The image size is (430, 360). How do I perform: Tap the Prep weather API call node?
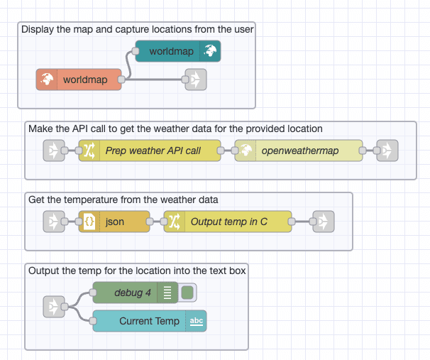click(x=149, y=151)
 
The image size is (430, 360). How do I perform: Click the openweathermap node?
click(x=299, y=151)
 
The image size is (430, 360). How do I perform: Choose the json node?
click(x=114, y=222)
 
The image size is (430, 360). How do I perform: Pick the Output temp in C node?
click(x=228, y=222)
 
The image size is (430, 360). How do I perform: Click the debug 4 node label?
click(x=133, y=292)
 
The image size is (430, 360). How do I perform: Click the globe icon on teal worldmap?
click(x=210, y=51)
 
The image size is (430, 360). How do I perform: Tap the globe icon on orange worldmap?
click(x=47, y=80)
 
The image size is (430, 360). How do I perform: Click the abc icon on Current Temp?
click(x=197, y=321)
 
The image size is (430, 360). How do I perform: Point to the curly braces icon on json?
click(x=89, y=222)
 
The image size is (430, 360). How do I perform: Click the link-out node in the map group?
click(x=195, y=80)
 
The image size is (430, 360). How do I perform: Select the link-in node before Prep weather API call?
click(x=54, y=151)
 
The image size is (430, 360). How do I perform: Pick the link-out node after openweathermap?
click(x=387, y=151)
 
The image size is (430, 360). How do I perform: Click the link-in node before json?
click(x=54, y=222)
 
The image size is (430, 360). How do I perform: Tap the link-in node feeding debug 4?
click(x=54, y=307)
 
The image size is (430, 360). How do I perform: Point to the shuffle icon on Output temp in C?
click(x=175, y=222)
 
